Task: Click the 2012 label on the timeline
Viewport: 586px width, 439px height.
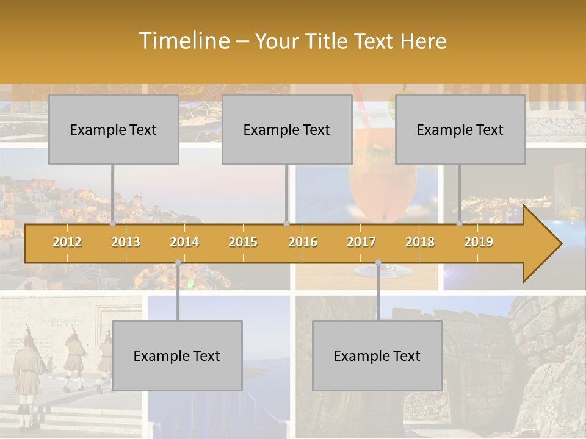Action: pos(67,242)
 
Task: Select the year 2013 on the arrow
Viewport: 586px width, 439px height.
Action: pos(126,242)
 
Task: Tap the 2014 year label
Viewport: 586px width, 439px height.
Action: pos(184,242)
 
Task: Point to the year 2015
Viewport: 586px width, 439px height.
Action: pos(243,242)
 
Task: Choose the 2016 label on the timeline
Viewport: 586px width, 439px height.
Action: pos(303,242)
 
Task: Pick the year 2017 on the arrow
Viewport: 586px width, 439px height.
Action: pos(361,242)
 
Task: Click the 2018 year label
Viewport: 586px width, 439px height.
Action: pos(420,242)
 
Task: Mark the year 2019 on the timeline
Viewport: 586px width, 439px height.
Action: pos(479,242)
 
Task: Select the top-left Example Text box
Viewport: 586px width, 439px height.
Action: pos(114,129)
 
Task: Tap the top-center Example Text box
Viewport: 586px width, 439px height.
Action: pos(287,129)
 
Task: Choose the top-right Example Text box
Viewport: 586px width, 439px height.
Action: pos(460,129)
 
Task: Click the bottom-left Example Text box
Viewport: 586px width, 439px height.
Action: pos(177,355)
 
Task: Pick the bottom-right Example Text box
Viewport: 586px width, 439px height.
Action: pos(377,355)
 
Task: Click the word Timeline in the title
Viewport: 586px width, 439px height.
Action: pos(183,41)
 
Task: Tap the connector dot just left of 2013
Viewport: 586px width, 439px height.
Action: pos(113,224)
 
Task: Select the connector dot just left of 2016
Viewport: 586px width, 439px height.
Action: pos(286,224)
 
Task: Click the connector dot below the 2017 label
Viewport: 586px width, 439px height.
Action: pos(378,262)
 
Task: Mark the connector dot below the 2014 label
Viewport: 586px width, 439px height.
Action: pos(178,262)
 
